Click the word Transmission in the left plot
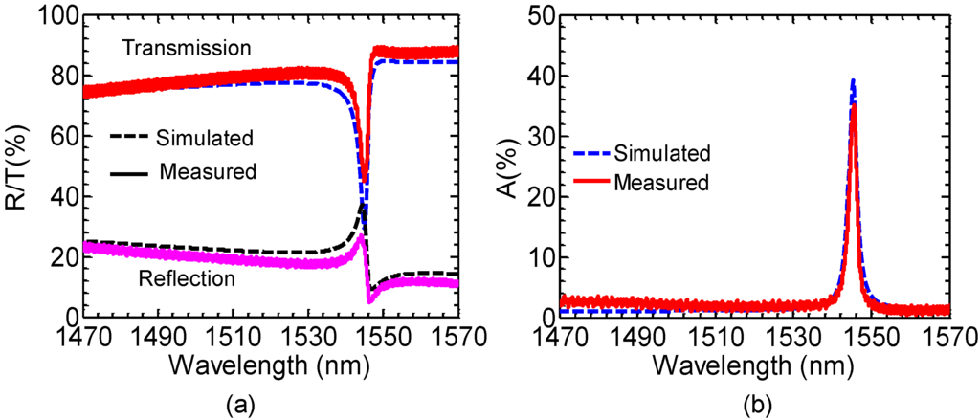(x=191, y=47)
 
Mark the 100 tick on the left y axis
(x=57, y=16)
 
